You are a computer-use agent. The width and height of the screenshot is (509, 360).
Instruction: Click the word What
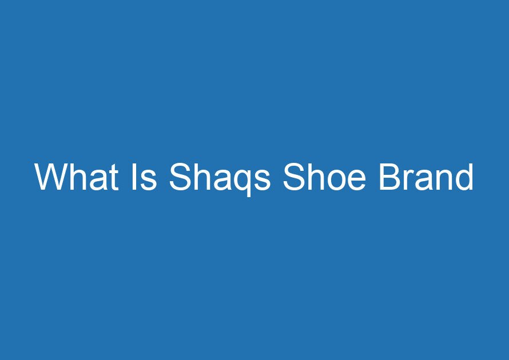[77, 177]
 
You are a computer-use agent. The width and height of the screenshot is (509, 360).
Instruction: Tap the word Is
[144, 177]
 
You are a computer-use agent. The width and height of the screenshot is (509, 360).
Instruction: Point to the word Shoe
[325, 177]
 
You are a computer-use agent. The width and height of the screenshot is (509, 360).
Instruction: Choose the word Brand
[426, 177]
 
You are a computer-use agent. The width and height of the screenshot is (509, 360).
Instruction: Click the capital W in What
[51, 177]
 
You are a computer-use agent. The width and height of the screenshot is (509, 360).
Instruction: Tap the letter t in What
[114, 178]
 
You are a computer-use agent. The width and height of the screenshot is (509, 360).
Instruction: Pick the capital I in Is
[133, 177]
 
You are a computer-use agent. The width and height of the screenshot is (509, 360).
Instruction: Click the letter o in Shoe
[336, 181]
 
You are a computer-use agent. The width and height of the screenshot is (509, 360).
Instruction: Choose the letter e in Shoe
[357, 181]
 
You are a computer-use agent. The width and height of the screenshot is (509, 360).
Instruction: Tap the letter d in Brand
[464, 177]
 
